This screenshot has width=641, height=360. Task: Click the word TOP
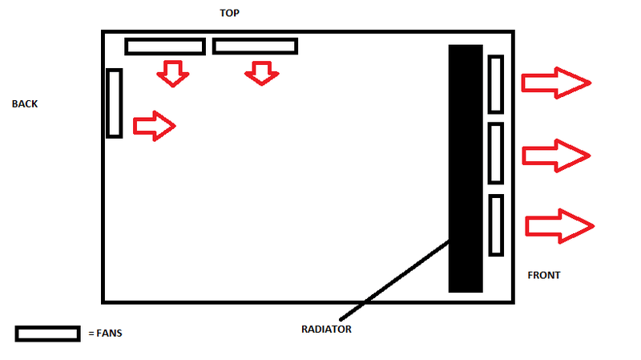[x=229, y=14]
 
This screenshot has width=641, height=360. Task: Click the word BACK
[x=25, y=104]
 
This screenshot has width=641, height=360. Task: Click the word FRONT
[x=543, y=275]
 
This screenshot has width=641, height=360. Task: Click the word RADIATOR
[x=327, y=329]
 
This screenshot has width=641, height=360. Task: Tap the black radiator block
[x=466, y=168]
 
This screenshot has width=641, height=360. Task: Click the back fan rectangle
[x=114, y=103]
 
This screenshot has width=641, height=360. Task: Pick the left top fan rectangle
[x=165, y=47]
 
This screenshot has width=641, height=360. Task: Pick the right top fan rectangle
[x=255, y=47]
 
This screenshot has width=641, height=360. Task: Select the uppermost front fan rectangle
[x=495, y=83]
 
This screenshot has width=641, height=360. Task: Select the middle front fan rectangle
[x=495, y=153]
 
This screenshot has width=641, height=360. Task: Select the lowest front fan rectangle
[x=495, y=225]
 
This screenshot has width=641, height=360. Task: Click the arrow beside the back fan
[x=153, y=126]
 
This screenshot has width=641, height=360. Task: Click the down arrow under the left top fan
[x=172, y=74]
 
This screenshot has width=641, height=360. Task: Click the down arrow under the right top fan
[x=260, y=74]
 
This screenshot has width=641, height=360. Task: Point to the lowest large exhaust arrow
[x=558, y=225]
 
